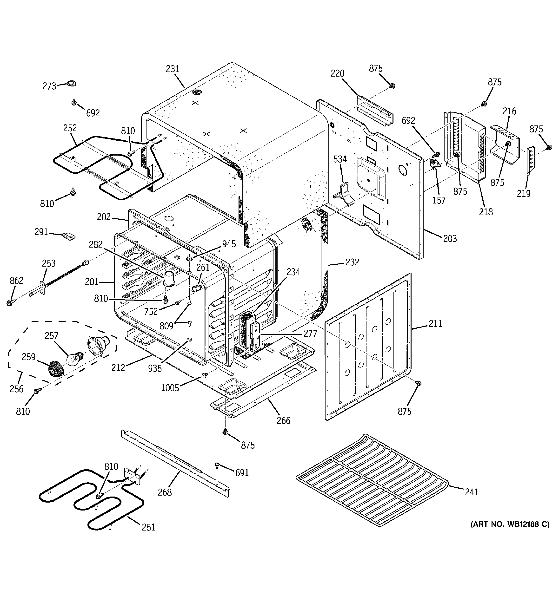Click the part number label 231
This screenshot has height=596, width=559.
pos(173,69)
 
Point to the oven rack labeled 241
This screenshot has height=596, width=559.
pos(372,480)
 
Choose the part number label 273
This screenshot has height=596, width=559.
pos(49,86)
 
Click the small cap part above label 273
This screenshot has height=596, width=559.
pos(71,83)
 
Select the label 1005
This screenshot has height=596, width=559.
pos(170,388)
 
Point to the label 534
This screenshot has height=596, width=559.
pos(340,159)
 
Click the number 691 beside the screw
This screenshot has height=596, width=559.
pos(242,473)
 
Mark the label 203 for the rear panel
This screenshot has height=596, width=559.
pos(450,239)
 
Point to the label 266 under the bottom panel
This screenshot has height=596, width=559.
pos(283,421)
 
